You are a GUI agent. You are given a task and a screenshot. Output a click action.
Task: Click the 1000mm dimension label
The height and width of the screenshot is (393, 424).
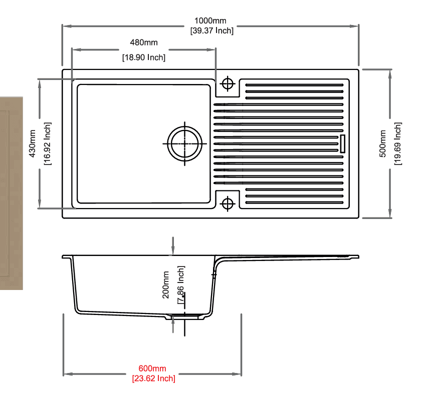pyautogui.click(x=210, y=21)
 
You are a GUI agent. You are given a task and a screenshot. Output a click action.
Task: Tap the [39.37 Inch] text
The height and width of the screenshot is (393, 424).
pyautogui.click(x=211, y=30)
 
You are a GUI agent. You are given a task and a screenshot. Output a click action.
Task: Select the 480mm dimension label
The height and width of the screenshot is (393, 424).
pyautogui.click(x=144, y=42)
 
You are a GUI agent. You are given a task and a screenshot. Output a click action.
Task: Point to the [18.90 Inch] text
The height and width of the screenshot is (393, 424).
pyautogui.click(x=144, y=57)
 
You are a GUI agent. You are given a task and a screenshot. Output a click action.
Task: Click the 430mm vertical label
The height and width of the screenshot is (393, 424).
pyautogui.click(x=33, y=143)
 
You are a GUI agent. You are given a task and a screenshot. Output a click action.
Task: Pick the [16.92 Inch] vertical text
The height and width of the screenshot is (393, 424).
pyautogui.click(x=47, y=143)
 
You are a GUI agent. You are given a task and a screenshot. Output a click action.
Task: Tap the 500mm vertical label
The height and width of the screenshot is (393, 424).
pyautogui.click(x=382, y=143)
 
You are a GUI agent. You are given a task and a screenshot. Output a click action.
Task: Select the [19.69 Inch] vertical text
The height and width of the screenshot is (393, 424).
pyautogui.click(x=397, y=143)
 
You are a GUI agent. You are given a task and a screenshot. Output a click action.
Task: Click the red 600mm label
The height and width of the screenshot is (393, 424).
pyautogui.click(x=152, y=368)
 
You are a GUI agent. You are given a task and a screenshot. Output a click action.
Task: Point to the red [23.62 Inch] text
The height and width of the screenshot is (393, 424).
pyautogui.click(x=153, y=378)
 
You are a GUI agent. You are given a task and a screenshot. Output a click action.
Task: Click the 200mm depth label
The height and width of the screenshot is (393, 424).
pyautogui.click(x=166, y=285)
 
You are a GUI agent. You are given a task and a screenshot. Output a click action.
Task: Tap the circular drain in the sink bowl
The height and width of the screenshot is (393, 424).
pyautogui.click(x=185, y=144)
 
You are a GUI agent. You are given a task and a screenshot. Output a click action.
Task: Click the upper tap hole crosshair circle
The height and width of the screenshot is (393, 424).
pyautogui.click(x=228, y=83)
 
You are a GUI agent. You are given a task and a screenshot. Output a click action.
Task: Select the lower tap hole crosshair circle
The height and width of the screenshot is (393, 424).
pyautogui.click(x=228, y=203)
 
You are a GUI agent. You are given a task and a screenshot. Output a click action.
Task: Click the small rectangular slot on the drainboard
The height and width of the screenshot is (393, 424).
pyautogui.click(x=343, y=144)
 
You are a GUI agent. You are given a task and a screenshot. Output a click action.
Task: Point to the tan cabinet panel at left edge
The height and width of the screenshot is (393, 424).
pyautogui.click(x=12, y=193)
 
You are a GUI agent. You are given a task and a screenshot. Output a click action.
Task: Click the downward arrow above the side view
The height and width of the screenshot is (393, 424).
pyautogui.click(x=173, y=245)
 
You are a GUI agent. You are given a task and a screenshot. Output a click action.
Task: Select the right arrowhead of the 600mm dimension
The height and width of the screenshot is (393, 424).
pyautogui.click(x=237, y=374)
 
